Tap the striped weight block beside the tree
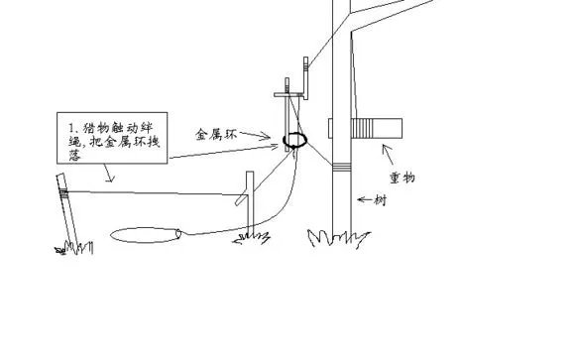380,129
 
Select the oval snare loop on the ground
145,235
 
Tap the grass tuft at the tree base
330,239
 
